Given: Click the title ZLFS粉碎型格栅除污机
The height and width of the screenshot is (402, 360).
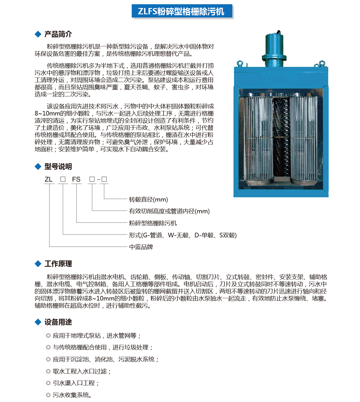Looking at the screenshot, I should (x=181, y=11).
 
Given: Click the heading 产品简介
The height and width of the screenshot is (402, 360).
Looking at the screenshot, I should (x=58, y=34).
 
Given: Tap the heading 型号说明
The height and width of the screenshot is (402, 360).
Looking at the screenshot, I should (x=58, y=167).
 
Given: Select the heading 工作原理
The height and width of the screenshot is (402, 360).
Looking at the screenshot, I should (x=58, y=264).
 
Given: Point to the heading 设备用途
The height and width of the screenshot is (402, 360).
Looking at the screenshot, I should (x=58, y=322).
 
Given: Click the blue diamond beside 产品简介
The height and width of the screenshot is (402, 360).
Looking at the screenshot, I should (x=38, y=34).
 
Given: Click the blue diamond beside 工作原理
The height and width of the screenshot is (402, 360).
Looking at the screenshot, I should (x=38, y=264).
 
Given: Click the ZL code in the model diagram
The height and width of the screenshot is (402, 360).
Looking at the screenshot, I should (x=49, y=180).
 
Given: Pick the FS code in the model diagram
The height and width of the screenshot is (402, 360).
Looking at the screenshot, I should (x=76, y=180).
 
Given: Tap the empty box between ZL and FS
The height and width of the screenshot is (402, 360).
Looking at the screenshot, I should (x=63, y=179).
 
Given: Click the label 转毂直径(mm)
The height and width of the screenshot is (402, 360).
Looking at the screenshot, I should (x=148, y=200).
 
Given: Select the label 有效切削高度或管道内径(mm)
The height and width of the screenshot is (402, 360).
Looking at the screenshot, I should (x=169, y=211).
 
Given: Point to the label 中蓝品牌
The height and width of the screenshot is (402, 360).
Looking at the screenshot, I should (x=141, y=247).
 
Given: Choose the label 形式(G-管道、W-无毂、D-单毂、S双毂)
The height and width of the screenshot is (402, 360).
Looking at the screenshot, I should (x=183, y=235).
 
